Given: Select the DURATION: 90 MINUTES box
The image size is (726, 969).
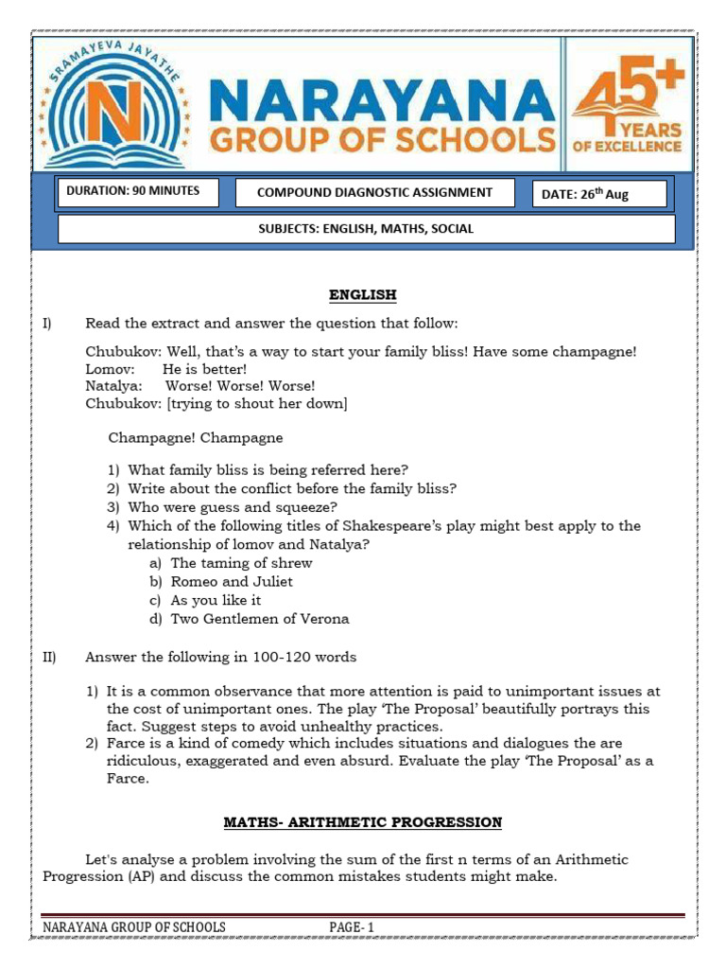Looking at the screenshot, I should [x=137, y=192].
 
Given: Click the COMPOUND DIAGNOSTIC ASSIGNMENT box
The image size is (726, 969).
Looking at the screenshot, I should [x=374, y=193].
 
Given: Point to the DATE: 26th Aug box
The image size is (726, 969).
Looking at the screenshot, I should [x=599, y=194].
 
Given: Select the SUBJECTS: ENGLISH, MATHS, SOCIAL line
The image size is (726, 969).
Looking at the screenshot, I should [x=366, y=229].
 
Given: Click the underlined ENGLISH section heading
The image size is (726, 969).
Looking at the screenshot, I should [x=362, y=295].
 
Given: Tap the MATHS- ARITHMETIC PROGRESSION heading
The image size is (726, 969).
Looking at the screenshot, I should [x=362, y=822].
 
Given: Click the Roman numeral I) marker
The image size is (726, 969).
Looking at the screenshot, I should [x=48, y=324].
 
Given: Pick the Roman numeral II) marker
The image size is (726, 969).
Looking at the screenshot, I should [x=50, y=657].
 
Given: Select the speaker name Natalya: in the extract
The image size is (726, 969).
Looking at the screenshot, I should [x=114, y=386].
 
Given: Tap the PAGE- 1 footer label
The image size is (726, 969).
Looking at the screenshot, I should [x=352, y=927].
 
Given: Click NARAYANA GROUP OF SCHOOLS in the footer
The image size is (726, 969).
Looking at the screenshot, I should [x=134, y=927].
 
